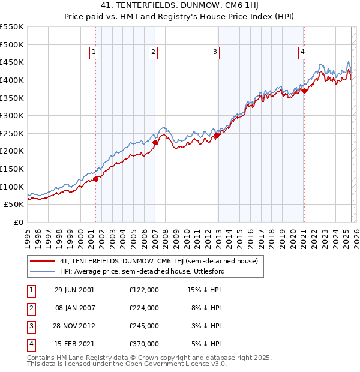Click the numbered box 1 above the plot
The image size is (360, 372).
tap(95, 53)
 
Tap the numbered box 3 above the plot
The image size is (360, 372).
tap(214, 53)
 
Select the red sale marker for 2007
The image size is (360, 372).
tap(155, 143)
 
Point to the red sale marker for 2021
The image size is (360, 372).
tap(304, 91)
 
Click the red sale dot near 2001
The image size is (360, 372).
tap(96, 179)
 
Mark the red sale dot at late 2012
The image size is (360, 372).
tap(217, 135)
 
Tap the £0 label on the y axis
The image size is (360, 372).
tap(18, 222)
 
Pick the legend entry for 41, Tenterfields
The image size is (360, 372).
tap(158, 261)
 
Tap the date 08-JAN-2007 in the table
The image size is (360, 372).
tap(74, 308)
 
